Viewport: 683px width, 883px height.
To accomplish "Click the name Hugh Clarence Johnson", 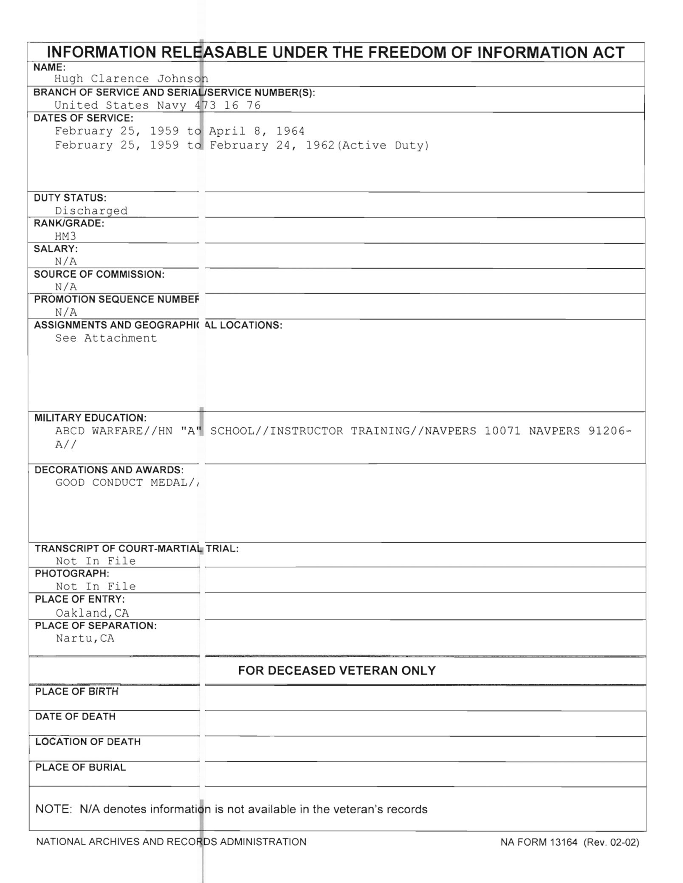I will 131,79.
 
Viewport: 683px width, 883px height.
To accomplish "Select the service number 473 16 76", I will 228,105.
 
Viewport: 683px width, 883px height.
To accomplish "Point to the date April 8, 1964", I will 257,131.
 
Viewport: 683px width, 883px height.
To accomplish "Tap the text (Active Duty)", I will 386,146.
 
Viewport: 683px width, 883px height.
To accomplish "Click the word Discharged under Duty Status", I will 91,211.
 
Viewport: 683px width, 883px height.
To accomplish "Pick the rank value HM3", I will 65,236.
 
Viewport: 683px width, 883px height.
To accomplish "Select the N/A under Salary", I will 66,262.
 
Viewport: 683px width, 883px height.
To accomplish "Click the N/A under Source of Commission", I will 66,287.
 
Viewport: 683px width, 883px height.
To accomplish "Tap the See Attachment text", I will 106,338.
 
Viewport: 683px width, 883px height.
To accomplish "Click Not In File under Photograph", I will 96,587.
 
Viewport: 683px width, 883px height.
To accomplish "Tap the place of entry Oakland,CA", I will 92,613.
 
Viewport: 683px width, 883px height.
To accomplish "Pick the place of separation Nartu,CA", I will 85,638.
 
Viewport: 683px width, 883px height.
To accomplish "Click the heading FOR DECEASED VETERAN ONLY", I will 337,671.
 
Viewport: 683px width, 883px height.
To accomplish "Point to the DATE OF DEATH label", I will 76,717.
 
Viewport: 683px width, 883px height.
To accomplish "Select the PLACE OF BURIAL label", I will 81,768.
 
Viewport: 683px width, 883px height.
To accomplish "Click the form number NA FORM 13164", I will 539,842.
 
